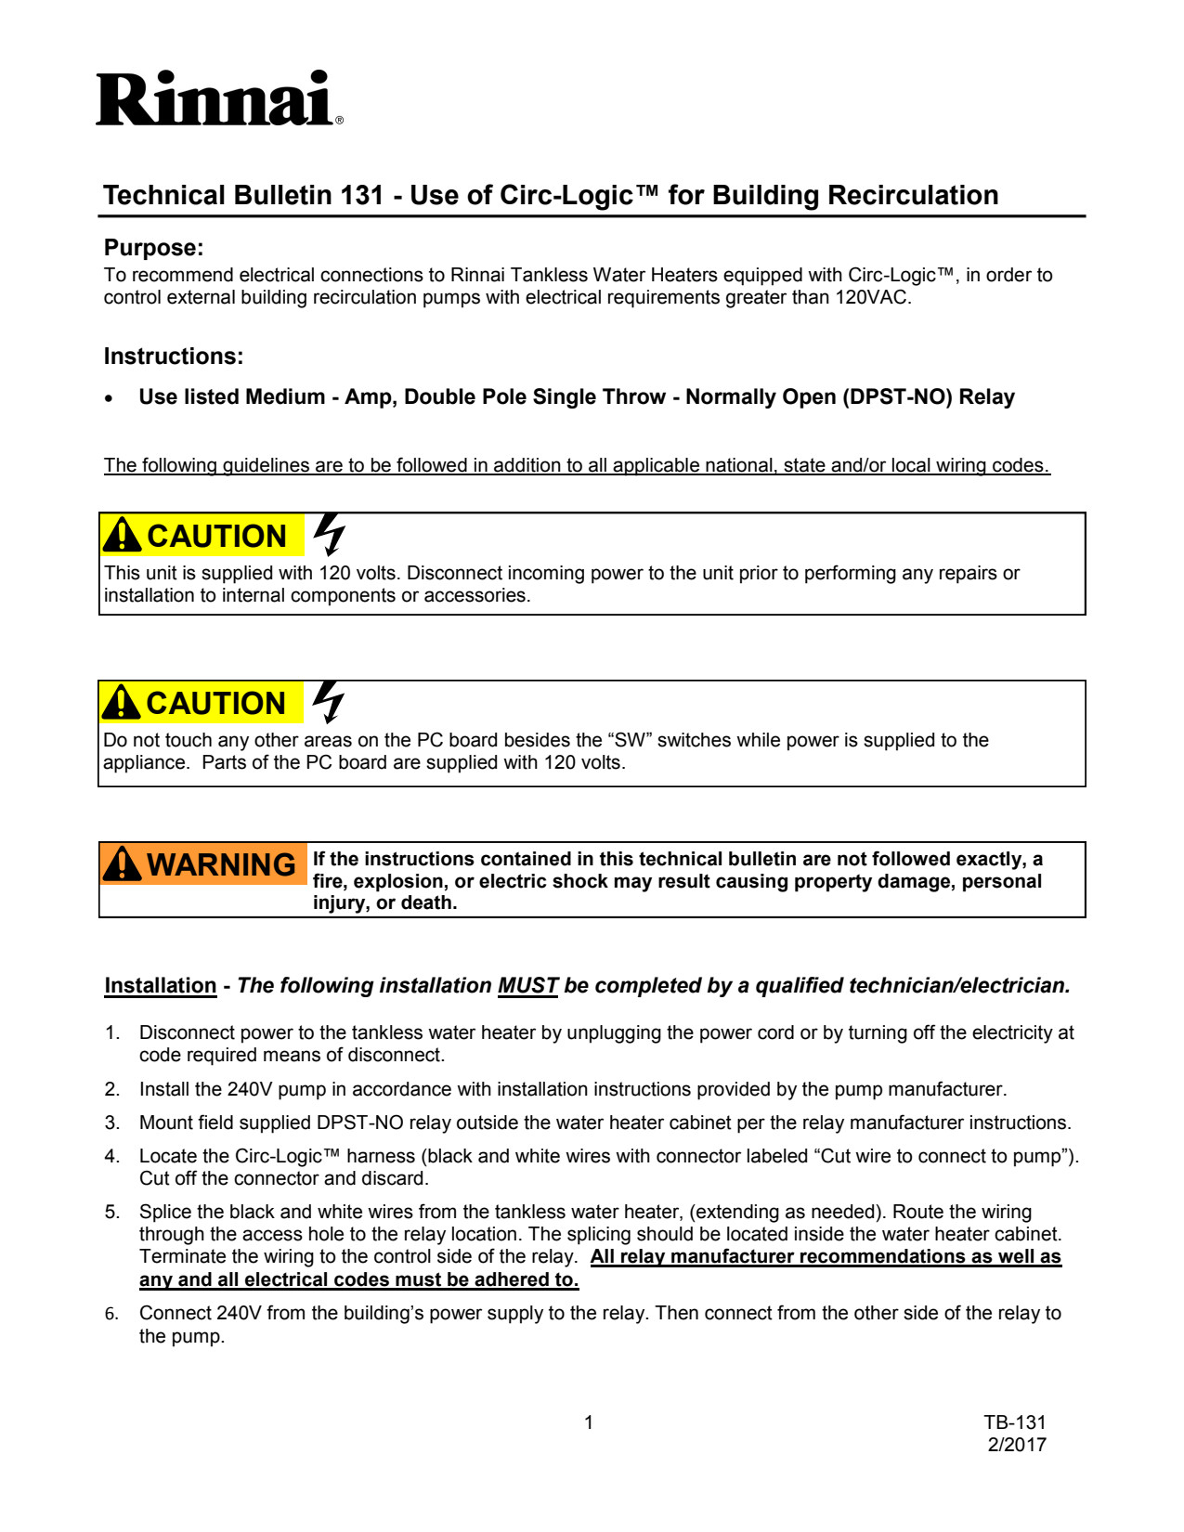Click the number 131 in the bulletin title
click(361, 196)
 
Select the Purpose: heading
click(153, 248)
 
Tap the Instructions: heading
click(174, 357)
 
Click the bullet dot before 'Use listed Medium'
click(110, 398)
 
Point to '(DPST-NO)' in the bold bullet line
click(897, 397)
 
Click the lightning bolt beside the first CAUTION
click(329, 534)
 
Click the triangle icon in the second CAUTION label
click(122, 703)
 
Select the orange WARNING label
click(202, 864)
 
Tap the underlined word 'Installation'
click(160, 986)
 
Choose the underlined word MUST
click(527, 986)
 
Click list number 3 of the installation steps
click(111, 1123)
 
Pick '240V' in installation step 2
click(248, 1089)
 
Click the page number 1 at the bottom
click(589, 1422)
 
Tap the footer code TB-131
click(1015, 1422)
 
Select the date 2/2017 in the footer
click(1017, 1445)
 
